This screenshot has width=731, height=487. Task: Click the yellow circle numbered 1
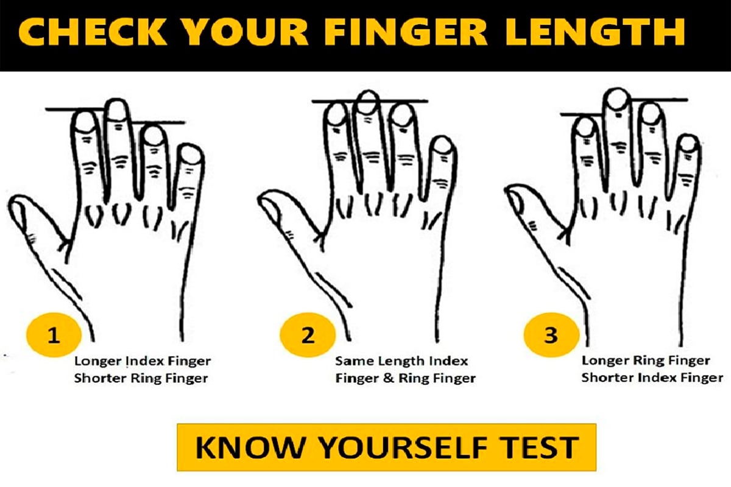(54, 335)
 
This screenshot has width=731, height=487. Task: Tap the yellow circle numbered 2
(308, 335)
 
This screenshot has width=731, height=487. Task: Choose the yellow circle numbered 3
(551, 335)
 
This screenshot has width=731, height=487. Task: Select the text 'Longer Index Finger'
(143, 361)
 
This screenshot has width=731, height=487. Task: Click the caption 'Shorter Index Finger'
(652, 377)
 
